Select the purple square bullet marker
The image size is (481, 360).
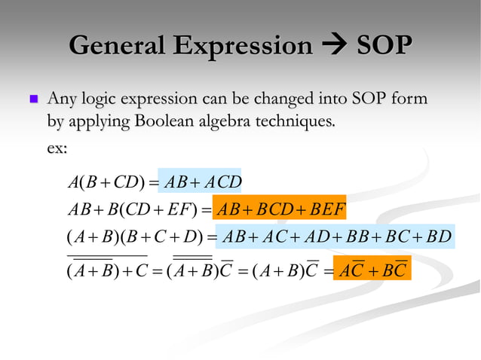tap(32, 99)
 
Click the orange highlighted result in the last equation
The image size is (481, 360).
tap(372, 268)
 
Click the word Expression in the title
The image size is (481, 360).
tap(242, 46)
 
